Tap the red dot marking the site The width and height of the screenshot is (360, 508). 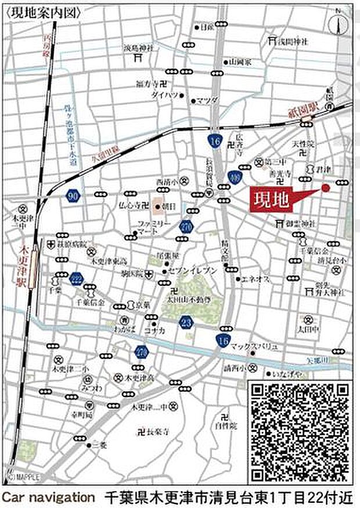click(325, 188)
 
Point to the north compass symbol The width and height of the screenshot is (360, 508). click(339, 25)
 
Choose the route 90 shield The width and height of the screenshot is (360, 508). click(73, 196)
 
